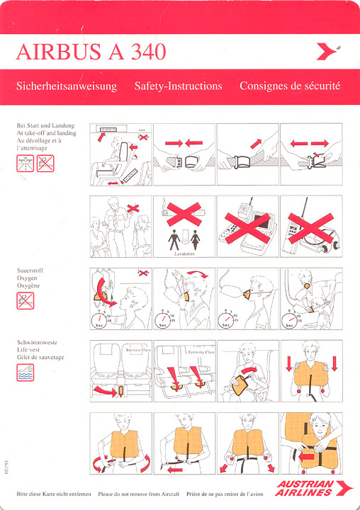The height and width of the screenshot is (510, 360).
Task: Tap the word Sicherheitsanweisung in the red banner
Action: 66,86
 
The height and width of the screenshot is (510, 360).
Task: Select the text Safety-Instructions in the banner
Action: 178,86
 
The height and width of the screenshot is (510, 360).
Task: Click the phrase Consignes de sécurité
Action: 290,86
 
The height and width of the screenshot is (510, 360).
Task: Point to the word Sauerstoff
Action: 30,271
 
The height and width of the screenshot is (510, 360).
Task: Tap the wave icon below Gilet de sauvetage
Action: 26,373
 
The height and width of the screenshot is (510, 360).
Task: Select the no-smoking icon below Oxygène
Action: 26,300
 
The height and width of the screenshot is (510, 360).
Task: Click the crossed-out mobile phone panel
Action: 247,226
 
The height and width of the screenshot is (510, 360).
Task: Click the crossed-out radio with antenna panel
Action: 311,226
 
